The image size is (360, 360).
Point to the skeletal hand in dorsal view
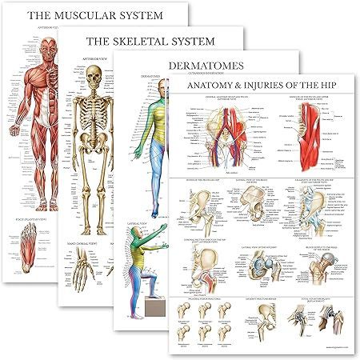click(x=91, y=296)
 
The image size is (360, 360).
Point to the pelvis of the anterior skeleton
click(x=93, y=153)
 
